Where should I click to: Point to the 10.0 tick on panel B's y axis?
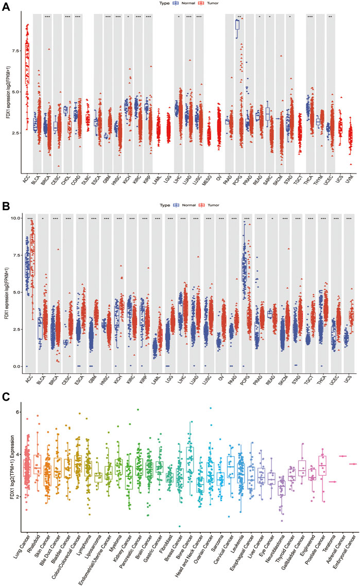pos(13,218)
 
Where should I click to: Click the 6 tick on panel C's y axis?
pos(15,412)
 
